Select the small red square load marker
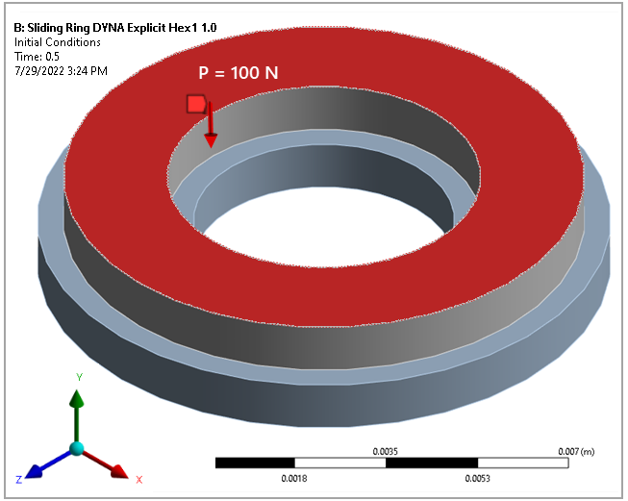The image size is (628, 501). pyautogui.click(x=196, y=104)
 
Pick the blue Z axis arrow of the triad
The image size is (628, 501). pyautogui.click(x=39, y=468)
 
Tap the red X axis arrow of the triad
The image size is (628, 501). pyautogui.click(x=115, y=469)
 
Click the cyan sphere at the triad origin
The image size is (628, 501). pyautogui.click(x=77, y=449)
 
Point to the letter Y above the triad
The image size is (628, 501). pyautogui.click(x=77, y=376)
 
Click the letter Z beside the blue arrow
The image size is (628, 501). pyautogui.click(x=19, y=479)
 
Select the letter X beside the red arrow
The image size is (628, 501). pyautogui.click(x=138, y=479)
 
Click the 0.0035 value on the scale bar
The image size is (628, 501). pyautogui.click(x=385, y=450)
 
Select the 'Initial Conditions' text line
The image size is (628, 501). pyautogui.click(x=57, y=41)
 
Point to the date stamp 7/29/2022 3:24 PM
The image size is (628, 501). pyautogui.click(x=61, y=70)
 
